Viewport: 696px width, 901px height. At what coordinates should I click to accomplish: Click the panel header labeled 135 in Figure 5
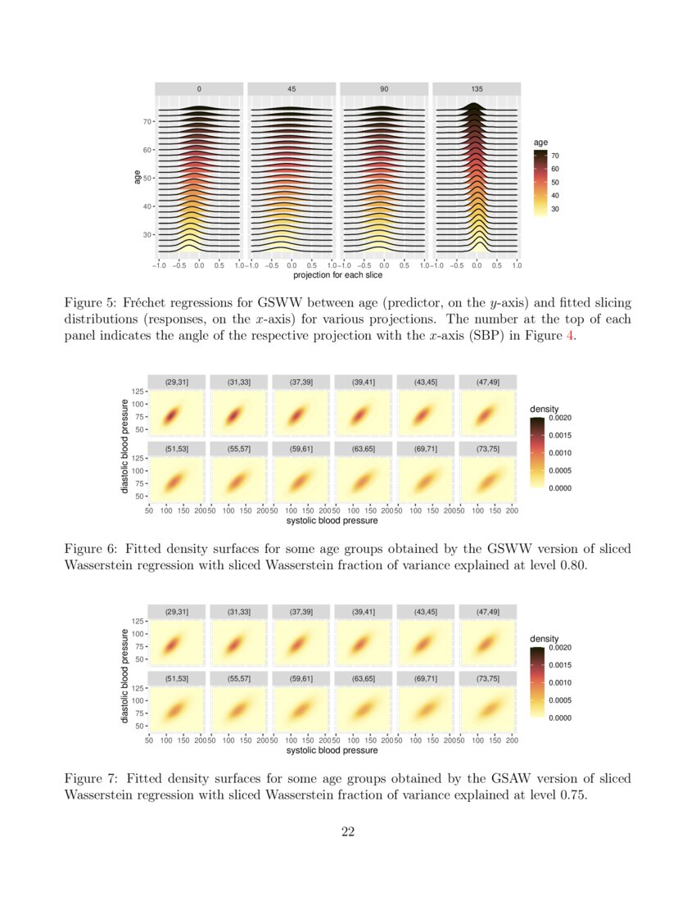[477, 88]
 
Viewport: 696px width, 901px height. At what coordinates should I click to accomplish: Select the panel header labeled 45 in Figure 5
[292, 88]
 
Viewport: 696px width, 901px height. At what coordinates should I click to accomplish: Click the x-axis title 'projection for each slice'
[337, 274]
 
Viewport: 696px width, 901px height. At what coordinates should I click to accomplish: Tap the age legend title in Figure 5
[540, 143]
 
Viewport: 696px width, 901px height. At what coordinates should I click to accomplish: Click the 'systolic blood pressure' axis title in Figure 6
[332, 520]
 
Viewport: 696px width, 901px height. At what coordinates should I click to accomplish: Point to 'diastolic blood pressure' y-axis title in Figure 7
[124, 675]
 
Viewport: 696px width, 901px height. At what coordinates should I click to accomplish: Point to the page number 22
[348, 832]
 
